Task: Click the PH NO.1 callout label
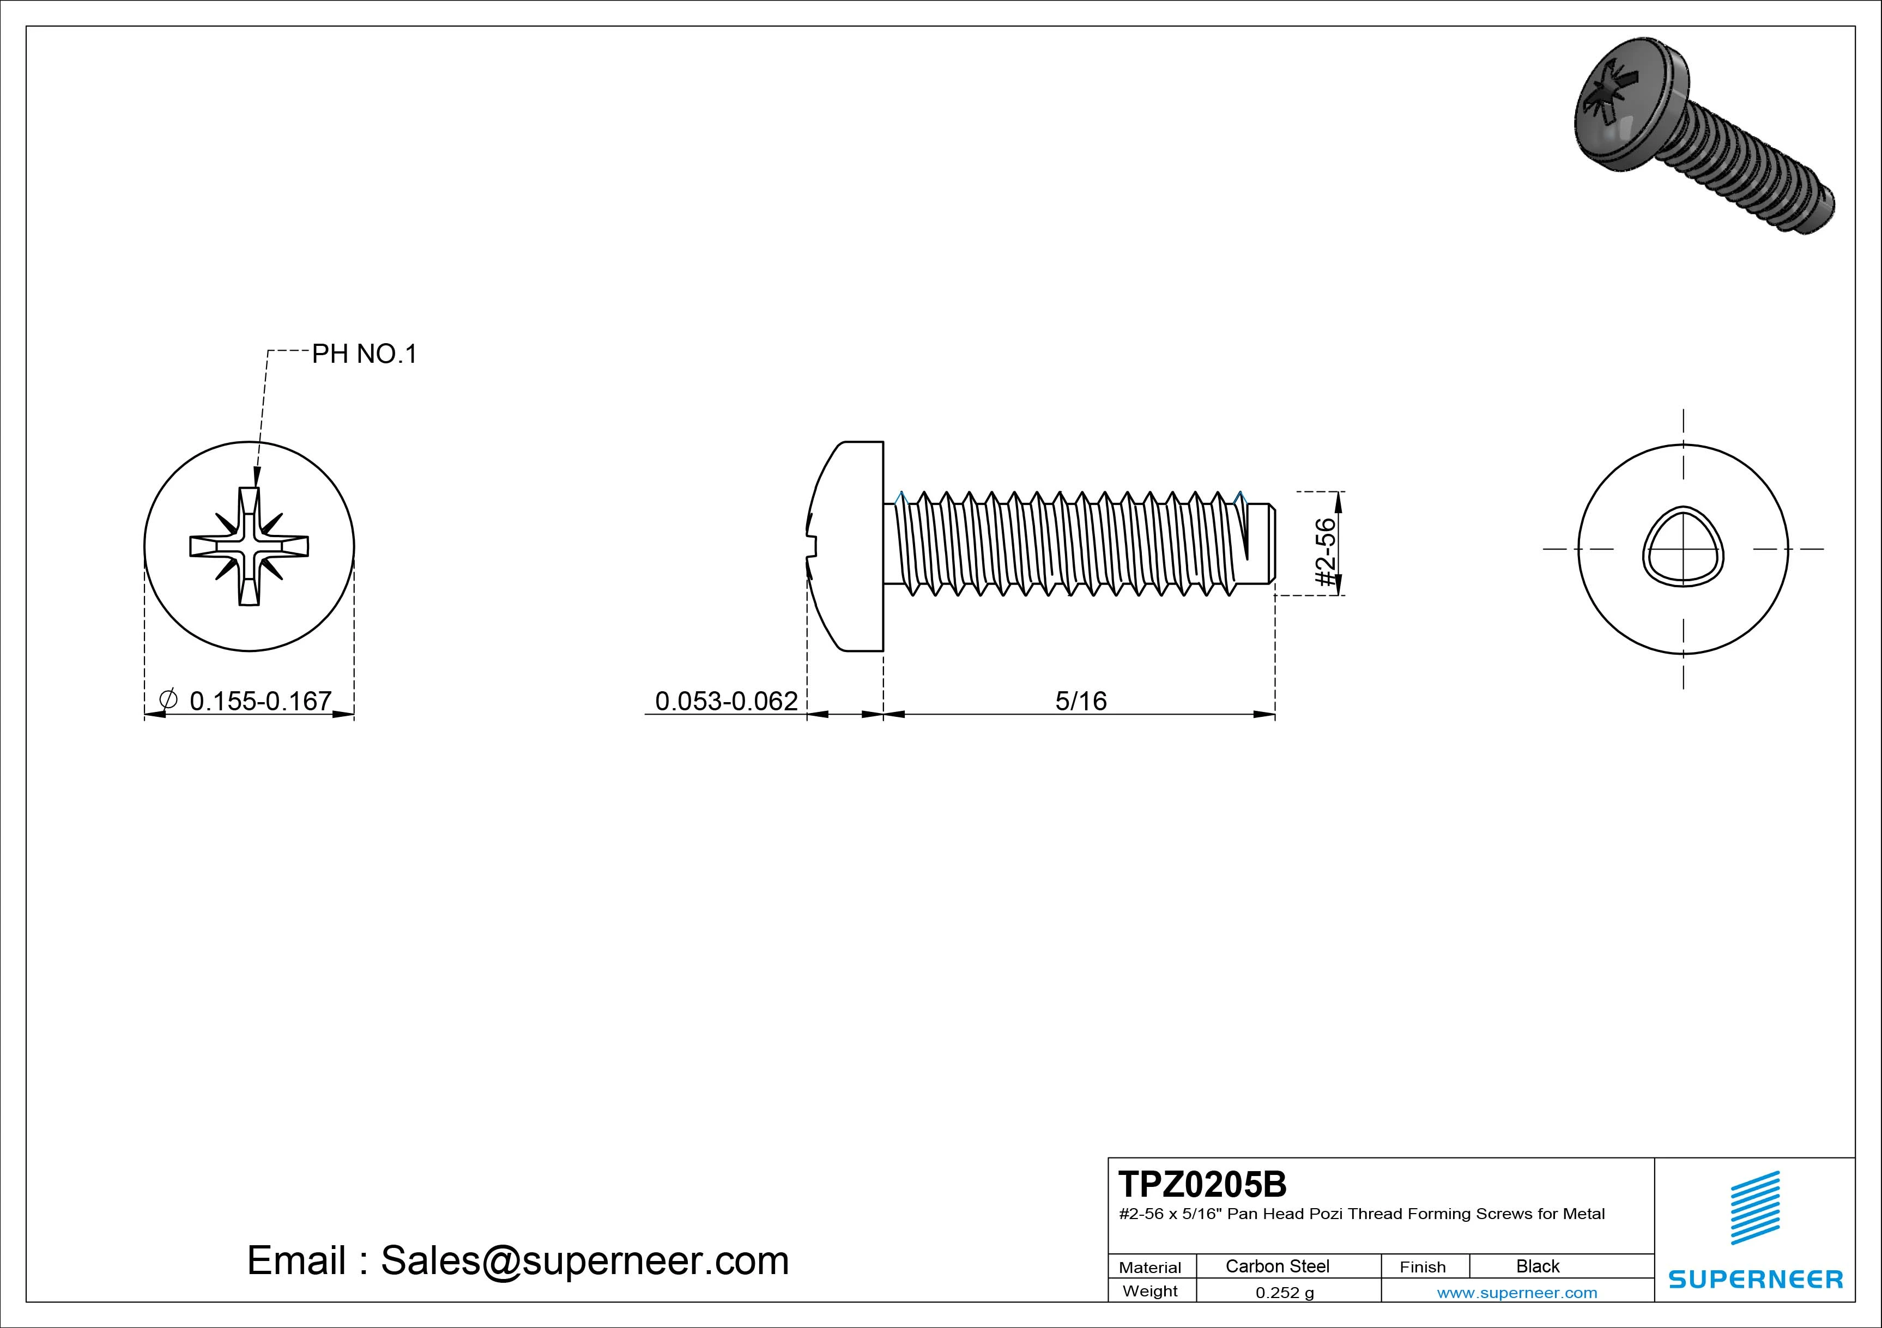(x=365, y=354)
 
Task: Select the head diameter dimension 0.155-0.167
(x=260, y=701)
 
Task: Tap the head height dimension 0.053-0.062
(x=725, y=701)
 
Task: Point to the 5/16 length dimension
(x=1080, y=701)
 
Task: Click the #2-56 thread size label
(x=1326, y=551)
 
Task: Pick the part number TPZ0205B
(x=1202, y=1185)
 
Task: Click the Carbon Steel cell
(x=1277, y=1266)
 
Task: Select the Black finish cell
(x=1538, y=1266)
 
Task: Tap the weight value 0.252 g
(x=1285, y=1293)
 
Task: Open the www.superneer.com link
(x=1516, y=1293)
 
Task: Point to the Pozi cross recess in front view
(x=249, y=546)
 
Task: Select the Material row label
(x=1150, y=1268)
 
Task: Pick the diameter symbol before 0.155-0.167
(x=167, y=699)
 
